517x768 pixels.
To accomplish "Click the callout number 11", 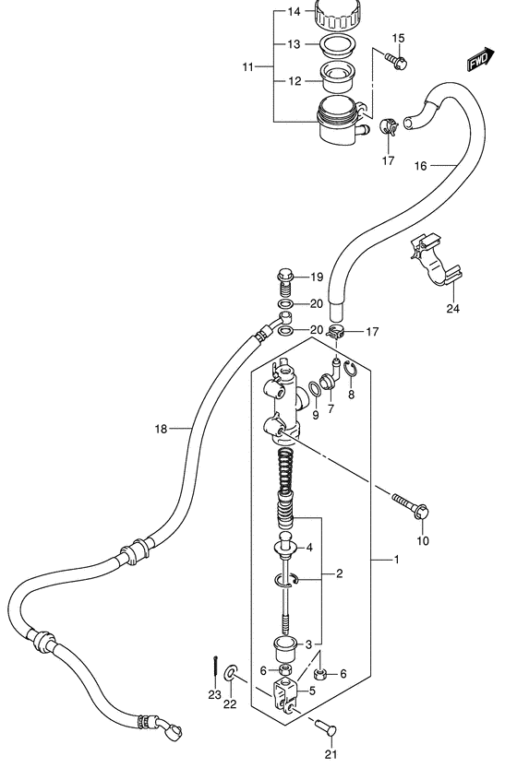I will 247,66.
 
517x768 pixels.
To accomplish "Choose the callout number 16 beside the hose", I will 420,167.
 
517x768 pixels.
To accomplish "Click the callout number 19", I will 316,278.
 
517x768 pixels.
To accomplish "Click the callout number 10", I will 423,541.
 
